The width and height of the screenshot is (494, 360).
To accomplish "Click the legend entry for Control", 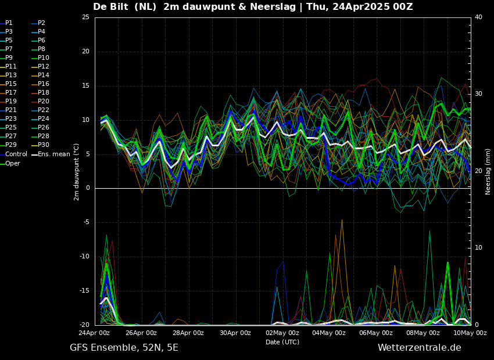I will coord(16,154).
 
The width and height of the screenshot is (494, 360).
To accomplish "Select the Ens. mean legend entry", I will coord(54,154).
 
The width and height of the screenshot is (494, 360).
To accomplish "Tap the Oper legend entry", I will coord(13,163).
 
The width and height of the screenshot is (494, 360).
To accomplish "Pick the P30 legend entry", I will coord(44,145).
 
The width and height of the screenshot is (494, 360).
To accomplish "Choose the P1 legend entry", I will coord(9,23).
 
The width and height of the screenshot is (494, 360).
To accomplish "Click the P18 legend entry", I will coord(44,92).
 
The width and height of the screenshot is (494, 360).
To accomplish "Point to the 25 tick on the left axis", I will coord(85,17).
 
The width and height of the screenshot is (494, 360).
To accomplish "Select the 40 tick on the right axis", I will coord(478,17).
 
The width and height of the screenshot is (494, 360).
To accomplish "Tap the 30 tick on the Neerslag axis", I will coord(478,93).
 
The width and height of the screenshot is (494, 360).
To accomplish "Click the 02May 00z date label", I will coord(282,333).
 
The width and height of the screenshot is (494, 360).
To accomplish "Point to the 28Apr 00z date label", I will coord(188,333).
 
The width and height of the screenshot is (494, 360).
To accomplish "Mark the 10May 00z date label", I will coord(470,333).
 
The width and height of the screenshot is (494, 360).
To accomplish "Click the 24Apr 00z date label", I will coord(95,333).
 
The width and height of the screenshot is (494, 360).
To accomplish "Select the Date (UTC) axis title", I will coord(282,342).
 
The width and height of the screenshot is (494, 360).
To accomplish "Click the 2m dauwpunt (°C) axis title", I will coord(76,171).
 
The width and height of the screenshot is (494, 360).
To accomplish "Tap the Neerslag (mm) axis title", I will coord(488,171).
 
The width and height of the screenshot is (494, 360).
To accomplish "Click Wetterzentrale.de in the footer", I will coord(419,348).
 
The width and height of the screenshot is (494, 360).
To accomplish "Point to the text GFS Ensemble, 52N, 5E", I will coord(124,348).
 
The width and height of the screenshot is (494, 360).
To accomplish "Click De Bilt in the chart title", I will coord(113,7).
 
